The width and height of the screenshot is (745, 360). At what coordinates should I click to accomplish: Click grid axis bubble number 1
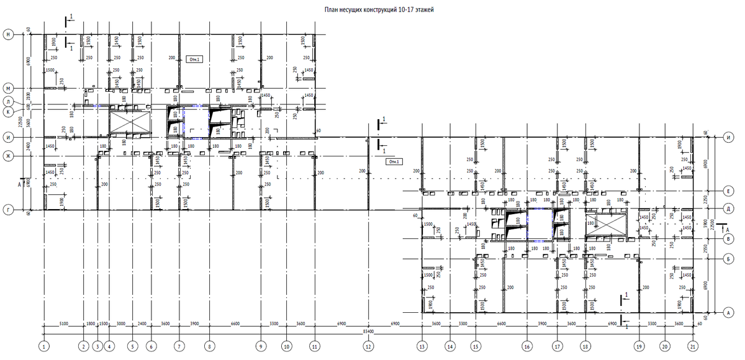[43, 345]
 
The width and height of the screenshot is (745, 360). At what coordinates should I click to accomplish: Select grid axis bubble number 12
[368, 345]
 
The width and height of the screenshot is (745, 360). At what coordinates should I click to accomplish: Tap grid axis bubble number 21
[692, 345]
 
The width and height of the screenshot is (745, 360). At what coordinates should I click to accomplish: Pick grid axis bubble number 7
[179, 345]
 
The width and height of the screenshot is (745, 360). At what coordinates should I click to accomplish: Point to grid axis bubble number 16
[527, 345]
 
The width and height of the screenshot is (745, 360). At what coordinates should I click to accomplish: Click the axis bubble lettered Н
[9, 35]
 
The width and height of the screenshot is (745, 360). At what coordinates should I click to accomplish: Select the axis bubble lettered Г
[9, 210]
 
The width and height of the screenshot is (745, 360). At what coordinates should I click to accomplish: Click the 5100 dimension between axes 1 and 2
[63, 323]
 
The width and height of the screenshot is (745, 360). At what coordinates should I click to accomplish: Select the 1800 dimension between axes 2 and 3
[90, 323]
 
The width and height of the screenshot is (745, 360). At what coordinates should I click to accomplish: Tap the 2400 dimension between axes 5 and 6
[142, 323]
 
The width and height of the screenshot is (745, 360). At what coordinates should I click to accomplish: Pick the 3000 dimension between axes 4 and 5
[120, 323]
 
